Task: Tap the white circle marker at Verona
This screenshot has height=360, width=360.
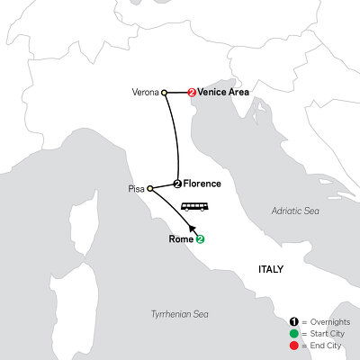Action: pos(164,91)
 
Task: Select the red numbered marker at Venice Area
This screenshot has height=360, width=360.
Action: pos(192,91)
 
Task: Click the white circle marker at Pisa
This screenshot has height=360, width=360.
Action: pos(148,189)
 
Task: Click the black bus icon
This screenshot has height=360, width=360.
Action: pos(195,207)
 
